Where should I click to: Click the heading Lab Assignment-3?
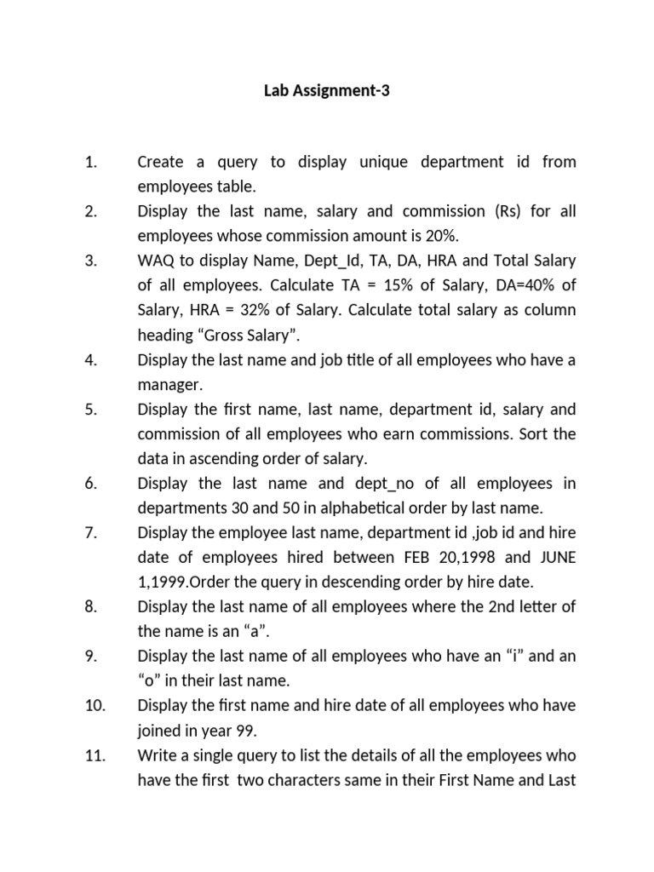[327, 90]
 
